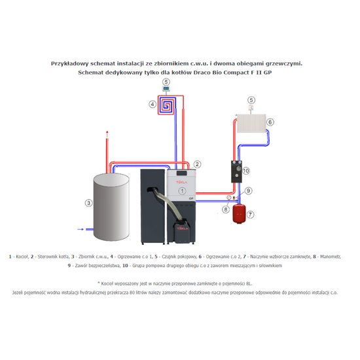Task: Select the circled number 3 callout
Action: click(x=88, y=203)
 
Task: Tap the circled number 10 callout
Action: click(x=246, y=171)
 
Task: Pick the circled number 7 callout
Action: click(x=249, y=214)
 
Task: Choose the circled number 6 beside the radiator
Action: click(x=270, y=122)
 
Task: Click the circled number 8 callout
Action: click(x=225, y=209)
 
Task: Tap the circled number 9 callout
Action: click(x=249, y=190)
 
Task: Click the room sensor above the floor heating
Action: click(x=166, y=90)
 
